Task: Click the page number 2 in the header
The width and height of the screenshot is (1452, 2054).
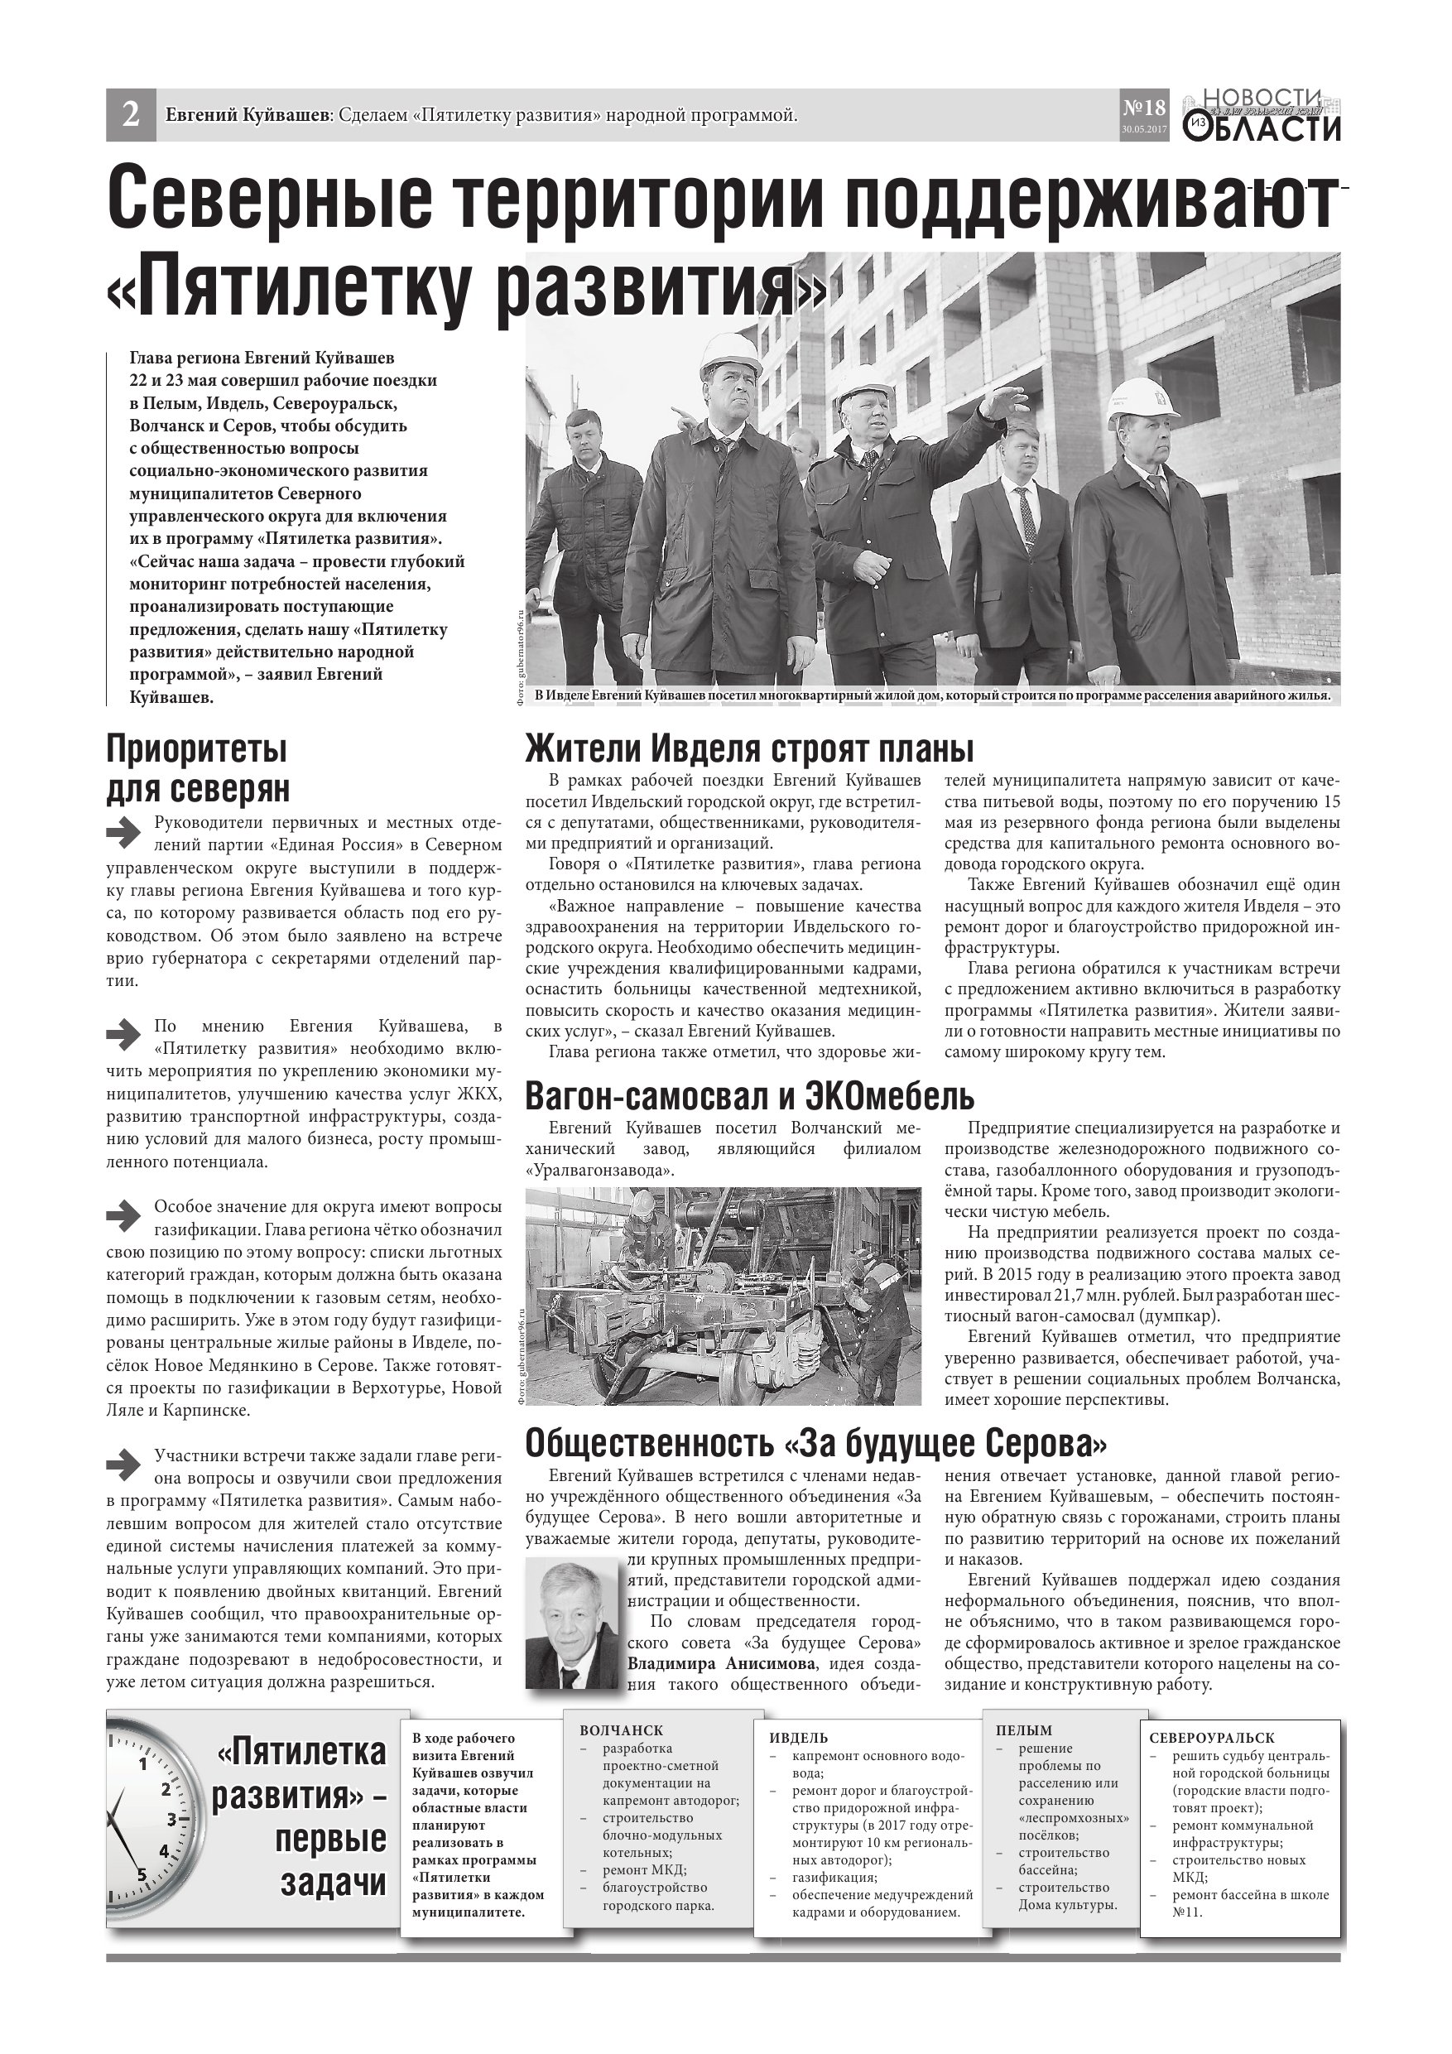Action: pyautogui.click(x=131, y=115)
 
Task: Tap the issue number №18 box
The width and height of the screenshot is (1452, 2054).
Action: pyautogui.click(x=1144, y=113)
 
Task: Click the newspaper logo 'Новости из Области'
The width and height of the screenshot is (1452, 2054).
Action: pyautogui.click(x=1264, y=115)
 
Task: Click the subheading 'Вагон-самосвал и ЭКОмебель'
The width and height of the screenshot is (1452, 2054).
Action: pyautogui.click(x=749, y=1096)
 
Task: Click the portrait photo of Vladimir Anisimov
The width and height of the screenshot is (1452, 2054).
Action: pyautogui.click(x=572, y=1623)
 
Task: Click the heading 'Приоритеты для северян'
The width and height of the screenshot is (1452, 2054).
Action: pyautogui.click(x=198, y=768)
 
